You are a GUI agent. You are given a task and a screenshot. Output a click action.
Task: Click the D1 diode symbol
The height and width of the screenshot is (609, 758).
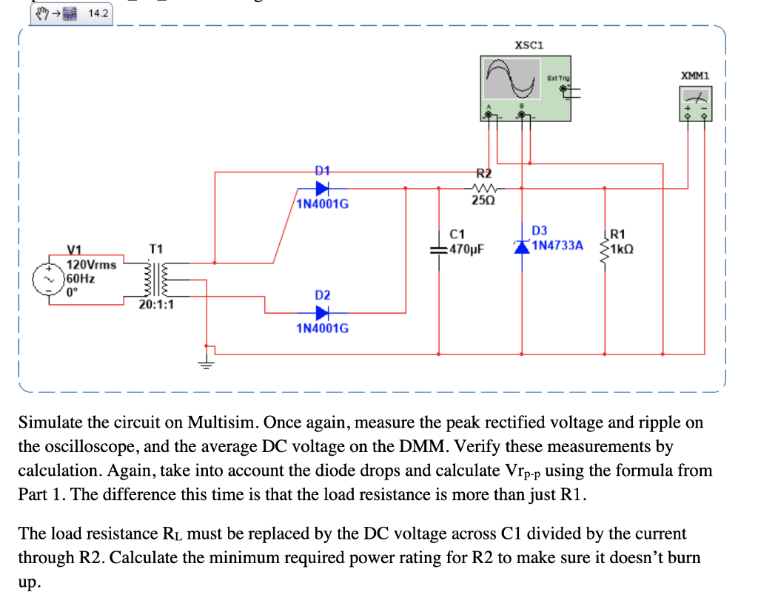[322, 188]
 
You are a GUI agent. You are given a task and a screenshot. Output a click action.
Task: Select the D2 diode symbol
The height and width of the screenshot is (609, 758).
[322, 312]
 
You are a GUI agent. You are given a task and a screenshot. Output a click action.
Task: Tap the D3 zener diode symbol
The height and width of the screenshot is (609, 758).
[523, 246]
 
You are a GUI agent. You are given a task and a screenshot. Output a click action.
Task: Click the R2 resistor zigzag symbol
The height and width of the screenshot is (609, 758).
[483, 188]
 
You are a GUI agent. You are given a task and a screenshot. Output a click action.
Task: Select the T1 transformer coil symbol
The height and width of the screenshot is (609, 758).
[157, 279]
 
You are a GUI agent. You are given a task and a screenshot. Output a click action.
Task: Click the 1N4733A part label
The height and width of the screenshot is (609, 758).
[557, 245]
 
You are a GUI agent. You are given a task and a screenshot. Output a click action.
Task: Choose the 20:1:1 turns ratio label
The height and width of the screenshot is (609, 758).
[157, 303]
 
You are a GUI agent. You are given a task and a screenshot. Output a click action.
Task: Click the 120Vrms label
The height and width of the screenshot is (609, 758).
[91, 264]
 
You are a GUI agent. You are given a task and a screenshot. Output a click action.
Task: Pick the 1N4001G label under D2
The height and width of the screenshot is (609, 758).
[322, 328]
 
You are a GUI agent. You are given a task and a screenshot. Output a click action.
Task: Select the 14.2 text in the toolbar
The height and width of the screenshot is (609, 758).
[97, 13]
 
